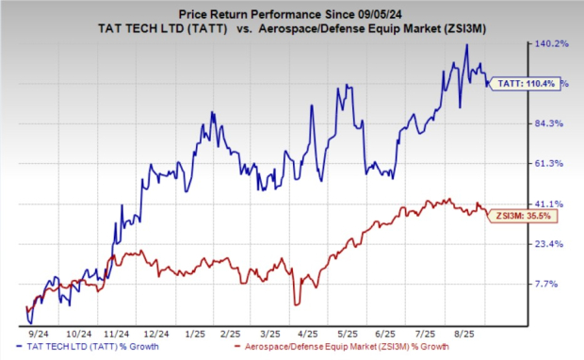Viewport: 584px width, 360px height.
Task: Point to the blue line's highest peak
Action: [x=466, y=44]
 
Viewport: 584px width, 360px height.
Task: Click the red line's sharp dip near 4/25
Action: [x=297, y=303]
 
